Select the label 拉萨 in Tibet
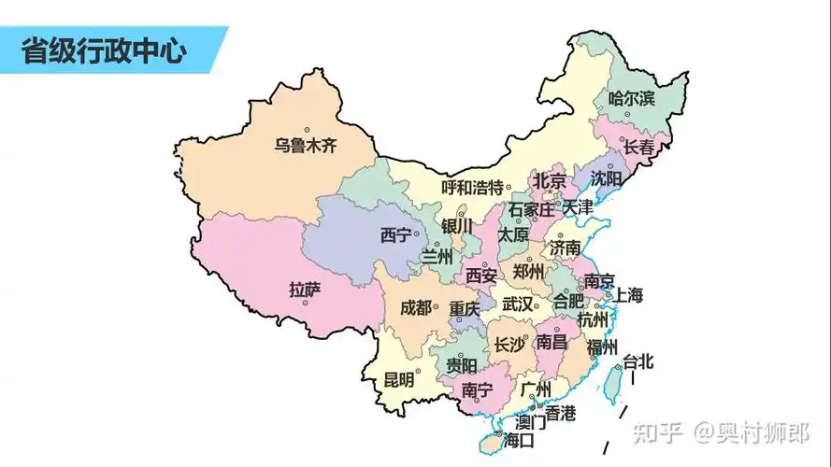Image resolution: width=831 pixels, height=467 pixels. (305, 290)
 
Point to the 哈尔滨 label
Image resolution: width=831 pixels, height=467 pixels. (632, 97)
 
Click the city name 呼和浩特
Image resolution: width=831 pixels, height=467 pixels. (472, 187)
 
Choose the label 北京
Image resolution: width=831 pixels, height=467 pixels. (550, 180)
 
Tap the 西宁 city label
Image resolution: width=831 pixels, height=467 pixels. (395, 235)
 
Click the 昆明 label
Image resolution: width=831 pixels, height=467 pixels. (399, 380)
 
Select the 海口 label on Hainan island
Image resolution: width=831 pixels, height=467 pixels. (518, 440)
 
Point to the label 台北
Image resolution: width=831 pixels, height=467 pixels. (639, 361)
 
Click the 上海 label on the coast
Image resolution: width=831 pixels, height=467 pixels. (628, 295)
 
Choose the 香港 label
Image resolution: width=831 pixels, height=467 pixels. (561, 412)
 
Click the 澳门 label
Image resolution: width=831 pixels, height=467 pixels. (531, 422)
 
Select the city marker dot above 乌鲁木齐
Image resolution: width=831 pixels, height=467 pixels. (307, 130)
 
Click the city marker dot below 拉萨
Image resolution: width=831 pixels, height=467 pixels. (305, 304)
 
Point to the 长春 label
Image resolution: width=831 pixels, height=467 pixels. (639, 147)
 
